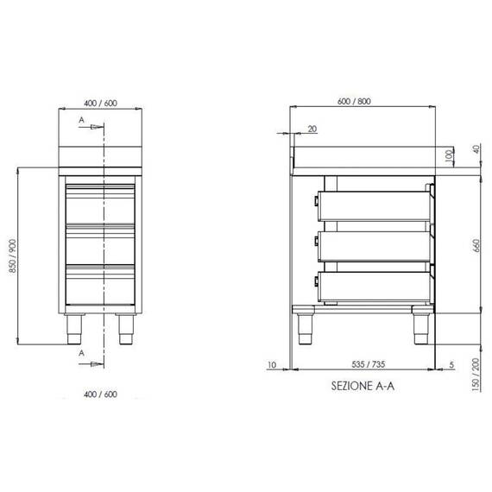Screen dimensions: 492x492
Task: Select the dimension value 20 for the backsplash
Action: (312, 129)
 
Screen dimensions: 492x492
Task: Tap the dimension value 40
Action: (475, 148)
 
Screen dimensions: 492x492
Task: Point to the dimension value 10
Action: (272, 365)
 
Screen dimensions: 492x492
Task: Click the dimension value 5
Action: (451, 365)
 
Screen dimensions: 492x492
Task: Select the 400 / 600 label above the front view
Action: (101, 102)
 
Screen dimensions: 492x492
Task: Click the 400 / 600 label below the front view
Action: (101, 394)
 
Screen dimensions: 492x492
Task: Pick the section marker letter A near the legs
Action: (82, 353)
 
